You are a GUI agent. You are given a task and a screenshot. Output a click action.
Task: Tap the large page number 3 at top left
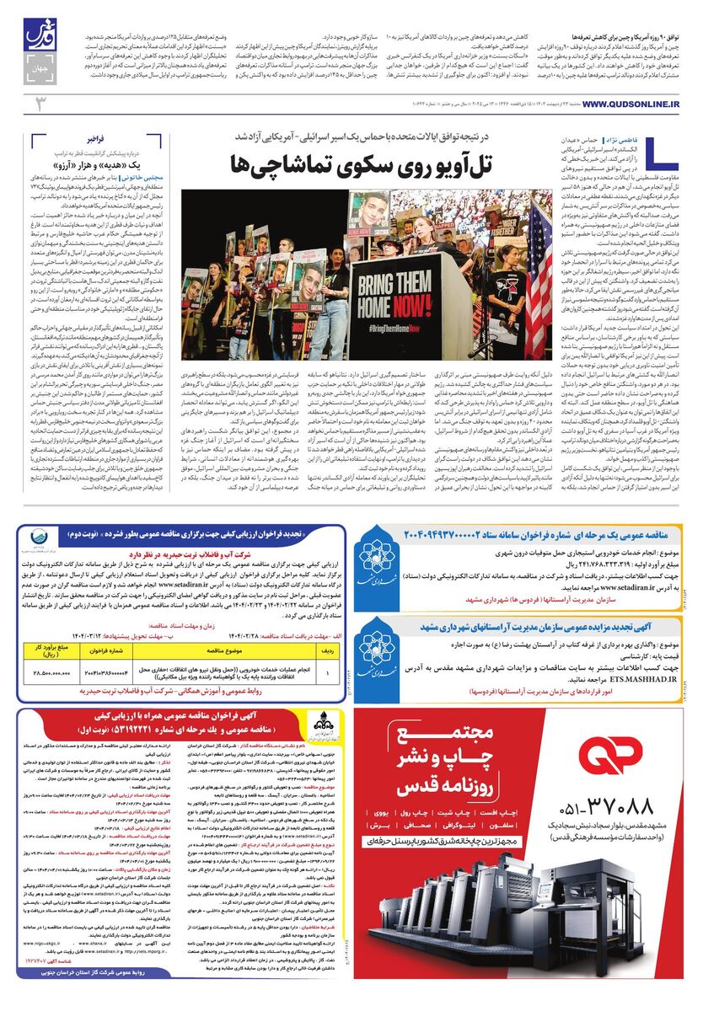coord(36,103)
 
